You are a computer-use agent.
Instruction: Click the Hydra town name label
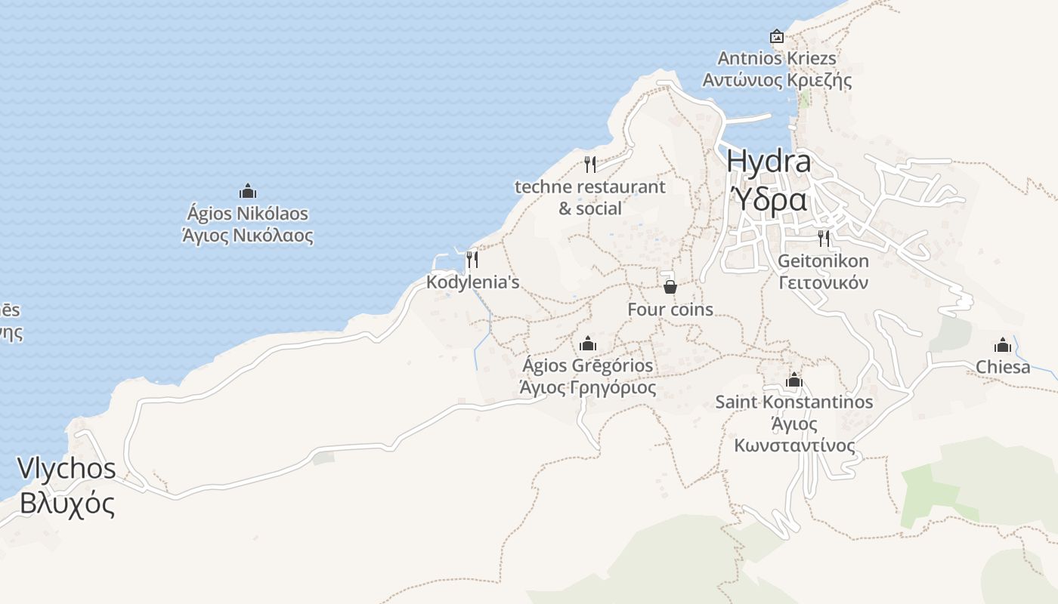[x=769, y=161]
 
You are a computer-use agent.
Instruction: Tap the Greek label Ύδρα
[x=769, y=199]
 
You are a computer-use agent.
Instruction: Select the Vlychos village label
[x=67, y=468]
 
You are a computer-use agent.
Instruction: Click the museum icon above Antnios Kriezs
[x=776, y=36]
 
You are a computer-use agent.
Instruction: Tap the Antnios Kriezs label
[x=777, y=58]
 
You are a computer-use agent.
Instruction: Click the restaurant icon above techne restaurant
[x=590, y=164]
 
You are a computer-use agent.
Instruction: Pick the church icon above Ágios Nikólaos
[x=248, y=191]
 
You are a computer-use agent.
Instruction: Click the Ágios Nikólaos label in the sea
[x=248, y=214]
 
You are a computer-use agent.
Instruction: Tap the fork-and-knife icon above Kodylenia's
[x=472, y=260]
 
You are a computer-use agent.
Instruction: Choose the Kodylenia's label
[x=473, y=282]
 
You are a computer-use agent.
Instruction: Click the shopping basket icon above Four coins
[x=670, y=287]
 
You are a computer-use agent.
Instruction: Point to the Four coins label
[x=670, y=310]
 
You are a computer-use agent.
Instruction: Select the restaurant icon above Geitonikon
[x=824, y=239]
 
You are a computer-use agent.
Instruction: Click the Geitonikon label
[x=823, y=261]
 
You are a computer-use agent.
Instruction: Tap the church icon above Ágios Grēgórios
[x=588, y=344]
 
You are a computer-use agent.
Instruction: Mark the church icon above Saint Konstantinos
[x=793, y=380]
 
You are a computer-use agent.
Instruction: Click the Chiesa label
[x=1003, y=367]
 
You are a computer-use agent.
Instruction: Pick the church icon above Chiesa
[x=1003, y=345]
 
